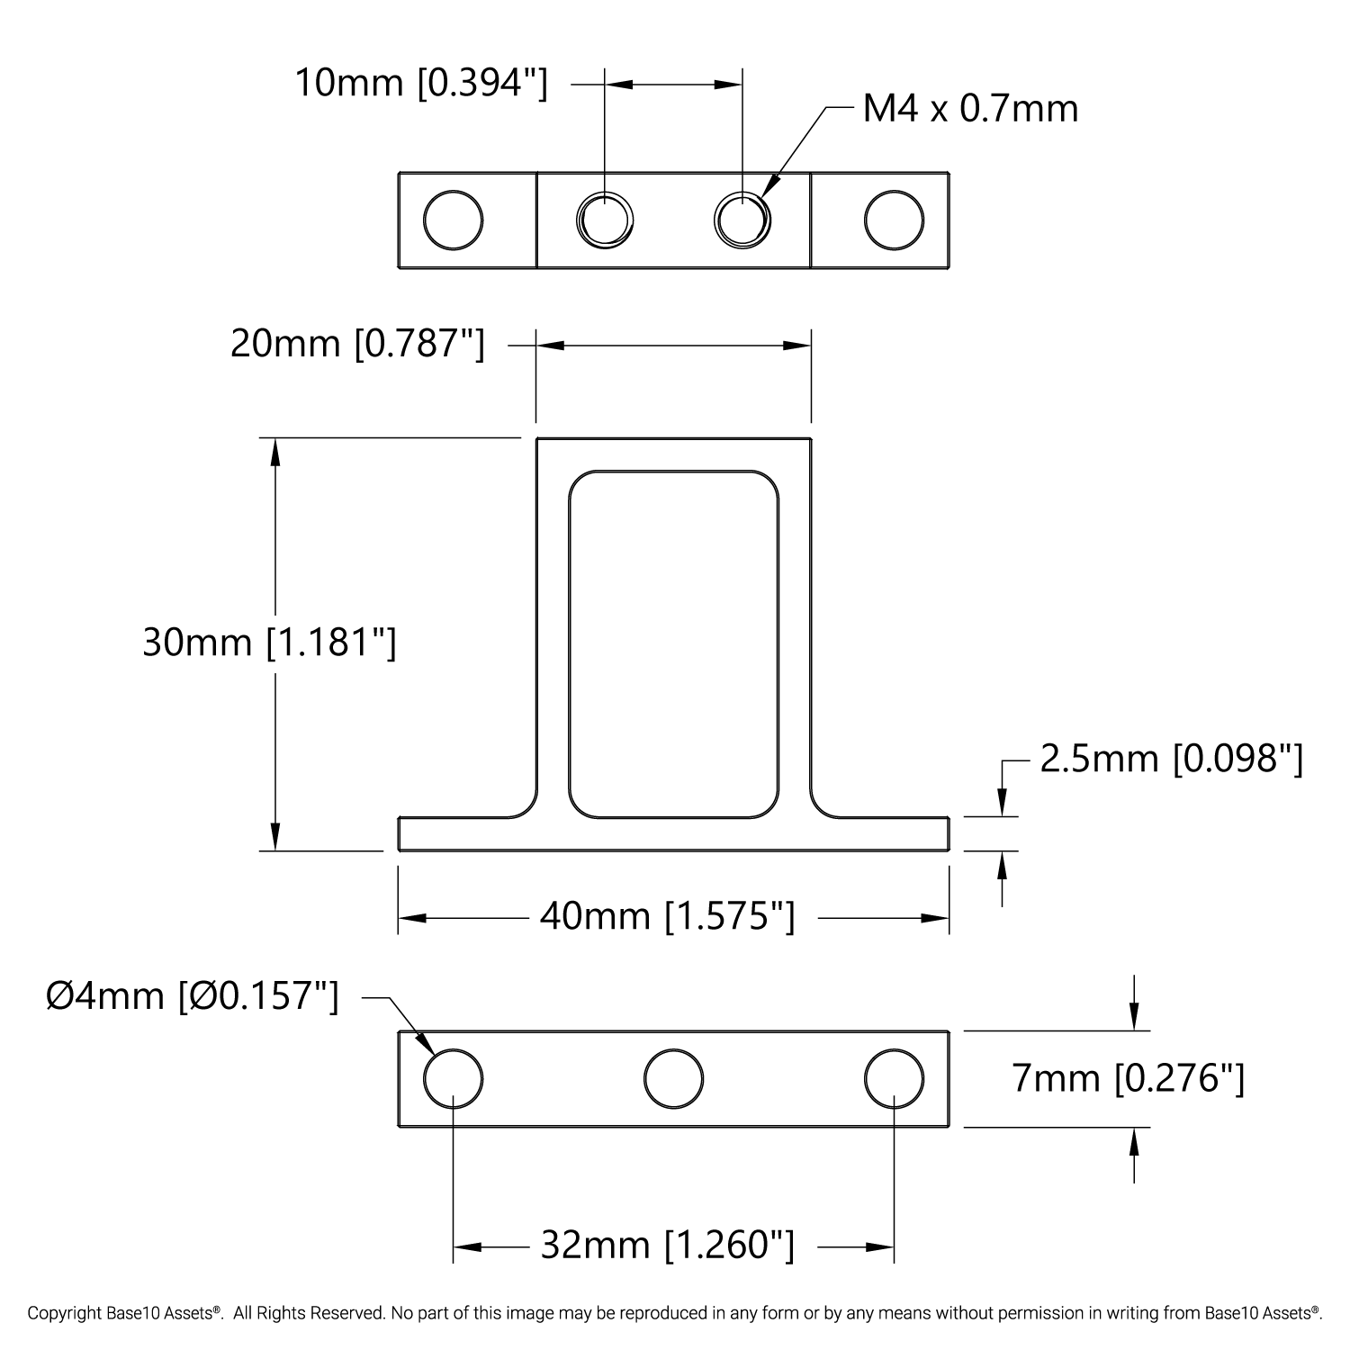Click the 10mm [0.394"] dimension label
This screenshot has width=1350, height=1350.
[x=421, y=84]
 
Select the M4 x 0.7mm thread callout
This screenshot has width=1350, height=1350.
[x=970, y=109]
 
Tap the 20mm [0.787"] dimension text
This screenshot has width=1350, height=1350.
[x=357, y=344]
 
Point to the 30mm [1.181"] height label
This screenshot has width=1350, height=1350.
[x=269, y=643]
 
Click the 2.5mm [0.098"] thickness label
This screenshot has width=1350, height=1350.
[x=1171, y=760]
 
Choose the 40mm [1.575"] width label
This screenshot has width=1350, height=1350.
[x=668, y=916]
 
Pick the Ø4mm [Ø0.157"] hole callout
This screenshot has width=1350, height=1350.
[x=192, y=996]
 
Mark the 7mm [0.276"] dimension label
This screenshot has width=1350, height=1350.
[x=1129, y=1078]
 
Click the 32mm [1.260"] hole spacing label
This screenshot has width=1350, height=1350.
[x=668, y=1246]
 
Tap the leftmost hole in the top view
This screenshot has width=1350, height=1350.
[x=453, y=220]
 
